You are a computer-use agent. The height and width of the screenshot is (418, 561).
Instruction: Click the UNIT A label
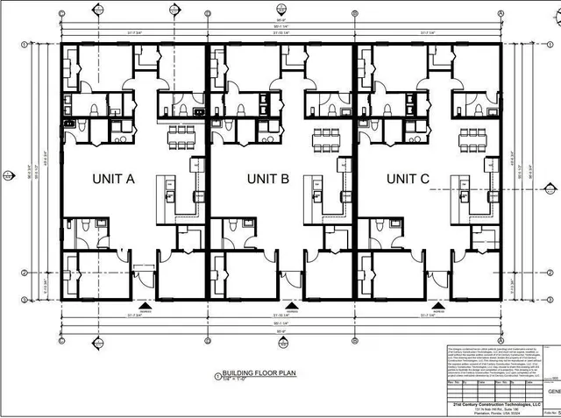(113, 180)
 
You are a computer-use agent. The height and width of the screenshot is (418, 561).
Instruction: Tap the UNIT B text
(267, 180)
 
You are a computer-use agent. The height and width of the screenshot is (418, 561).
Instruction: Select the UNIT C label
(408, 180)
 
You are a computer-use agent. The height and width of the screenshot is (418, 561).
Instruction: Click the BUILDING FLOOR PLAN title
(250, 372)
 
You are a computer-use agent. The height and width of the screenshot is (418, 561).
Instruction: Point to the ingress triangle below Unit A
(146, 307)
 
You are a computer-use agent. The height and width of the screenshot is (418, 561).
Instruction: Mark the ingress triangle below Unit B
(292, 307)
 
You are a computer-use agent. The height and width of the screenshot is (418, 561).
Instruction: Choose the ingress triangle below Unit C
(437, 307)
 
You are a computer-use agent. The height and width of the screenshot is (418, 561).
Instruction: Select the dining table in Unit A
(178, 137)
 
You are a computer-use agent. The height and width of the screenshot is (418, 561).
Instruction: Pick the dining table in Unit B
(325, 137)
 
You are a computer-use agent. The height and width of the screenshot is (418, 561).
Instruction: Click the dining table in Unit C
(472, 137)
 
